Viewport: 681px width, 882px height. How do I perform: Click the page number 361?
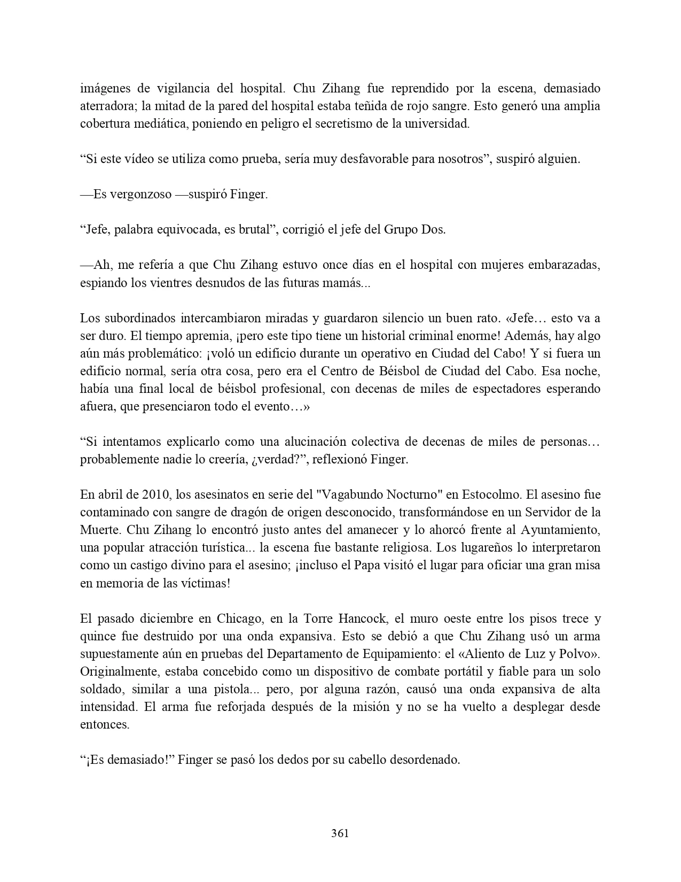click(x=340, y=833)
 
